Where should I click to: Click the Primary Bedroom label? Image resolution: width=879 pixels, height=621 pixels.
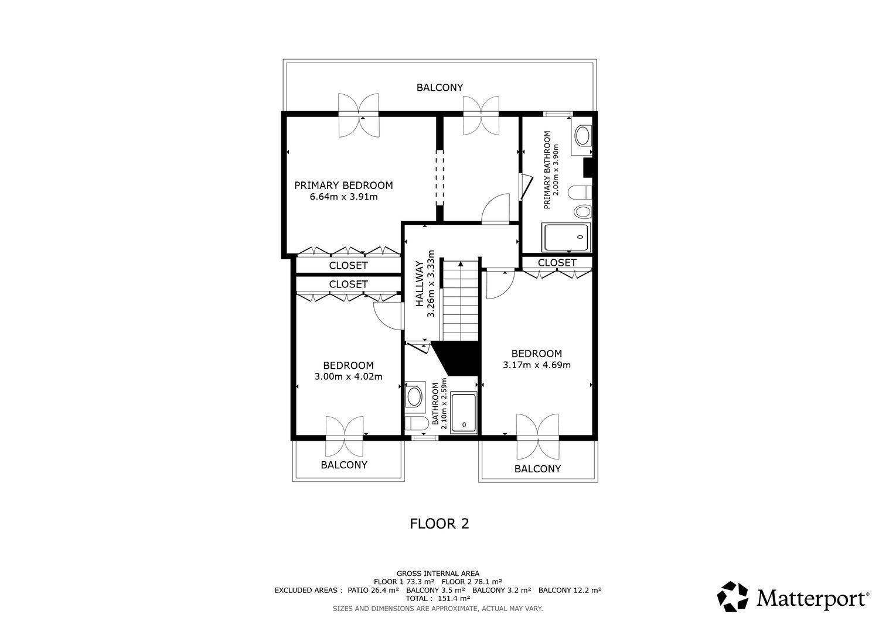tap(343, 186)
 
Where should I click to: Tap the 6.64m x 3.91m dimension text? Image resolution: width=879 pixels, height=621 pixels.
tap(344, 197)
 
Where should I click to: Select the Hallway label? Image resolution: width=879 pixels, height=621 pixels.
tap(420, 284)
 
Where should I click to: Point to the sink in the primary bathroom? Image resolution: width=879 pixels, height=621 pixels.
tap(583, 136)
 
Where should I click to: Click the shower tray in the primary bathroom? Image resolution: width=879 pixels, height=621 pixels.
tap(566, 238)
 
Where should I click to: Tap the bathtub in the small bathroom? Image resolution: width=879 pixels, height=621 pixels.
tap(464, 413)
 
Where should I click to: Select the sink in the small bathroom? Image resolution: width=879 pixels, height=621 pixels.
tap(414, 396)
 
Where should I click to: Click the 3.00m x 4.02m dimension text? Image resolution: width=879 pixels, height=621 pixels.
tap(348, 377)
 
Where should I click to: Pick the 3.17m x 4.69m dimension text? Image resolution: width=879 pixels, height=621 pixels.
tap(536, 365)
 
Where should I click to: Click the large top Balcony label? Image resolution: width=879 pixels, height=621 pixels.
tap(439, 87)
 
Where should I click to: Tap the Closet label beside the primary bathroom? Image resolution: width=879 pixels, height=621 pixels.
tap(557, 263)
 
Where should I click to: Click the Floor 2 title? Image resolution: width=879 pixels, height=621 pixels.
tap(439, 524)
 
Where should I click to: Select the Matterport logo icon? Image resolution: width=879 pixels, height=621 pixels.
tap(732, 596)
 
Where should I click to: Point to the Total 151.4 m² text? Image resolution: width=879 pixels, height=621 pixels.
tap(438, 599)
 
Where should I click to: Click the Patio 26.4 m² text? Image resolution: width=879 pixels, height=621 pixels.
tap(373, 590)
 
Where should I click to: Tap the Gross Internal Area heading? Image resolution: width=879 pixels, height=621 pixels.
tap(438, 574)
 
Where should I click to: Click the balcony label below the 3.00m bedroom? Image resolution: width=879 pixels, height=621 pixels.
tap(344, 465)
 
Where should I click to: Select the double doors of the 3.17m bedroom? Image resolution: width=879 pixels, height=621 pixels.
tap(537, 437)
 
